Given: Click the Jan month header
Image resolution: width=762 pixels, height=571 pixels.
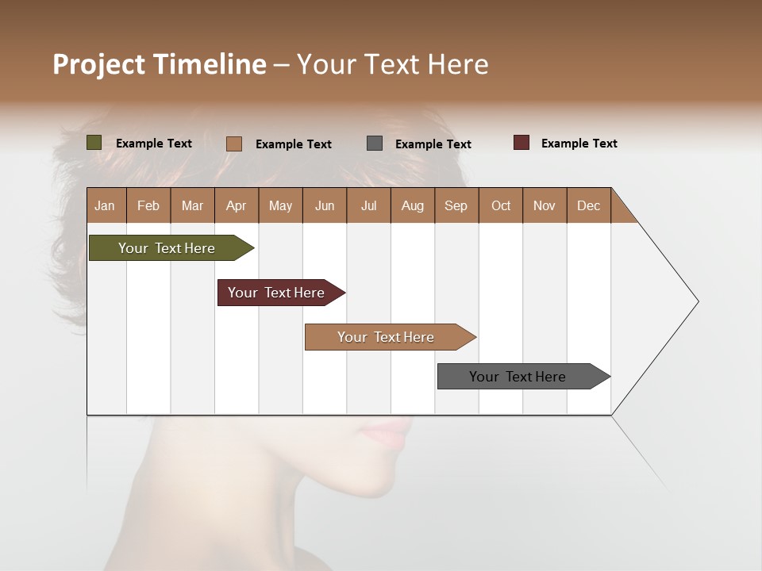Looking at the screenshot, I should (x=105, y=205).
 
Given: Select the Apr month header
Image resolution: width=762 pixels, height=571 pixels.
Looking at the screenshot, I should (x=236, y=205).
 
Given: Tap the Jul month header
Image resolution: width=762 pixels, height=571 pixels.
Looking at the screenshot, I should (x=368, y=205).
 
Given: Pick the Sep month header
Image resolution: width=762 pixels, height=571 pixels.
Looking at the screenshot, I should (x=456, y=205).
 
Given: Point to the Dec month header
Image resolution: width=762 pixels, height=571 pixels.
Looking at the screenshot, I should (x=588, y=205).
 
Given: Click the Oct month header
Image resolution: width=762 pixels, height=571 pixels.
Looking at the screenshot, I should (x=501, y=205).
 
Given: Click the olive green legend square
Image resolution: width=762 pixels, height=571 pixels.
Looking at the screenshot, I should (x=94, y=143).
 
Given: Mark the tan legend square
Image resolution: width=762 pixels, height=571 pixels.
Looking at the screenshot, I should (x=233, y=144).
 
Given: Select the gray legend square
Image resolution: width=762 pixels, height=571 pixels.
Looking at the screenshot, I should (x=375, y=144).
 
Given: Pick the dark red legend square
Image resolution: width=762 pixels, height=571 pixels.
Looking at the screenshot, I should (x=521, y=143).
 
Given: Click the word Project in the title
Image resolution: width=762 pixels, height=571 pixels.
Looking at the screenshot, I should (x=98, y=64).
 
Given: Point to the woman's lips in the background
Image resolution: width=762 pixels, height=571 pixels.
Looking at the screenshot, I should (x=387, y=435).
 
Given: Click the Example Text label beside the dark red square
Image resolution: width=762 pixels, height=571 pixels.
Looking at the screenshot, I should (x=579, y=144).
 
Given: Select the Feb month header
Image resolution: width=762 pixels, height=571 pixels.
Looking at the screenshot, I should (x=148, y=205).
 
